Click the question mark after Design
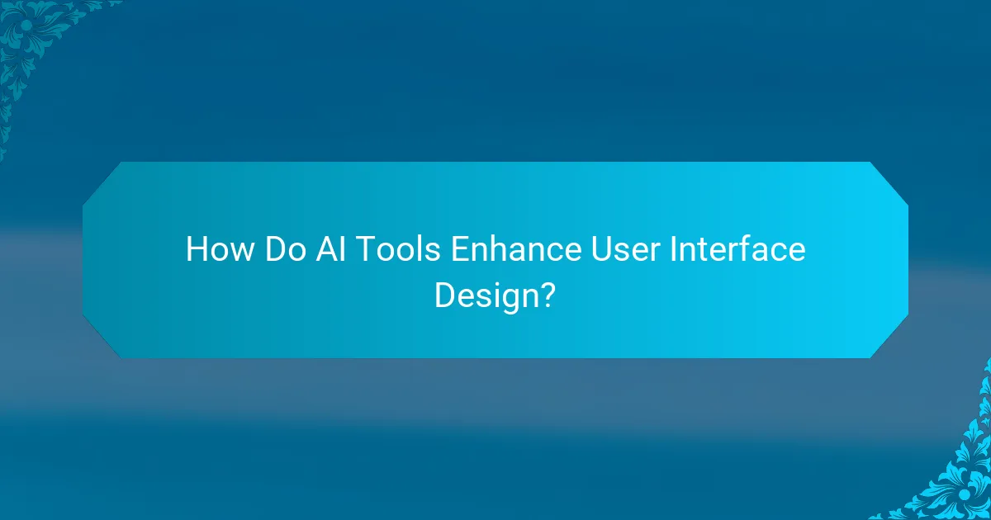point(545,295)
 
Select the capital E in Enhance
point(458,249)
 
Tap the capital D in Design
point(444,295)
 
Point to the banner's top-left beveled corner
point(102,181)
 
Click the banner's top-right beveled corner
point(889,181)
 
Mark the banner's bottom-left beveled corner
point(102,338)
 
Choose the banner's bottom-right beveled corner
point(889,338)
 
